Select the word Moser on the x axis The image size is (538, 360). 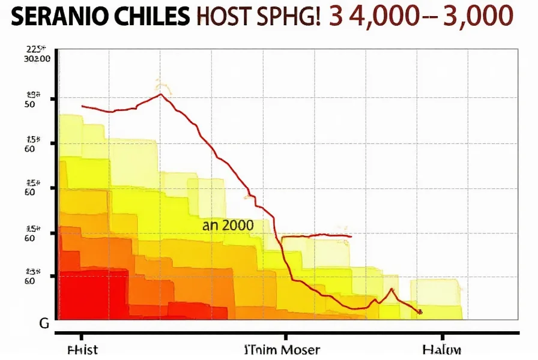[298, 349]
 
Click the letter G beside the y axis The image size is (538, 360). [44, 324]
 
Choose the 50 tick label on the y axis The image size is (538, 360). [29, 104]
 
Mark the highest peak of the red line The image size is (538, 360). [160, 94]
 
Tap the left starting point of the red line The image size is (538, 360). [82, 106]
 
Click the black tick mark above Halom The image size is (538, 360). [443, 337]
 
